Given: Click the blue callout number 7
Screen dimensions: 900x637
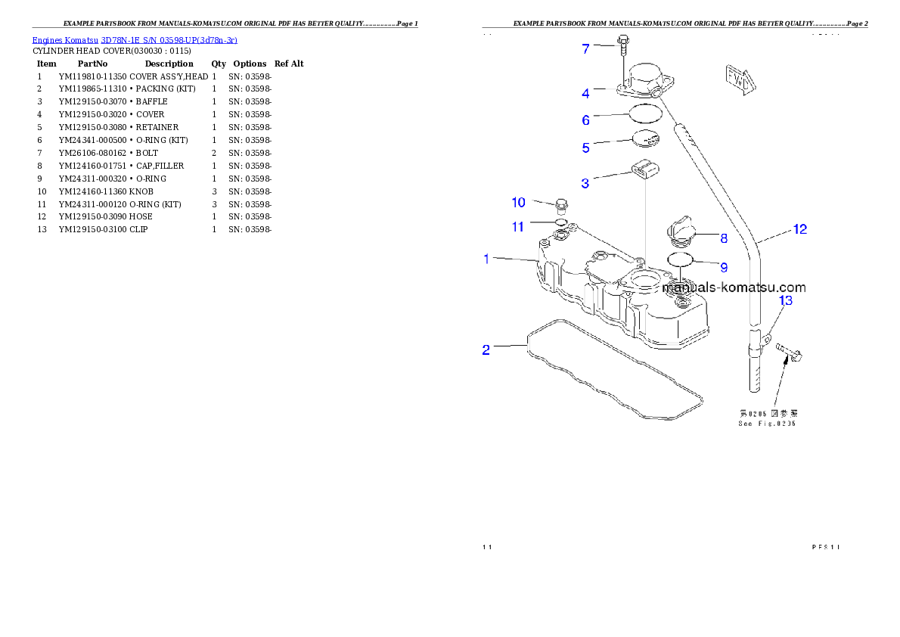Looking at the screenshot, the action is coord(585,49).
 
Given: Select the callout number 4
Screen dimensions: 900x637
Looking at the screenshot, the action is coord(585,94).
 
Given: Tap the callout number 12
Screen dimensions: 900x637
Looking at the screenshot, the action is coord(799,229).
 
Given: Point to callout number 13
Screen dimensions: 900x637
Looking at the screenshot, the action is coord(786,301).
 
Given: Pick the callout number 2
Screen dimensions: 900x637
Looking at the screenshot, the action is coord(486,350).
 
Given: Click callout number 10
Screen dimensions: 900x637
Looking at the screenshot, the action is coord(518,202).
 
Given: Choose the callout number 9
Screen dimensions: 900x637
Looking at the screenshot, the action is coord(724,267).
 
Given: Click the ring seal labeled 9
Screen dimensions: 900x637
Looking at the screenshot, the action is coord(680,261).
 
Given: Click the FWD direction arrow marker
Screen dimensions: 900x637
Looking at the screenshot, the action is coord(738,79).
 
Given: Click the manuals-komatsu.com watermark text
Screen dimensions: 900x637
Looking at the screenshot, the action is coord(734,287).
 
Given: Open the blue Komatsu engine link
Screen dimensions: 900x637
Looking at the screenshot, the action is coord(135,40).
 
